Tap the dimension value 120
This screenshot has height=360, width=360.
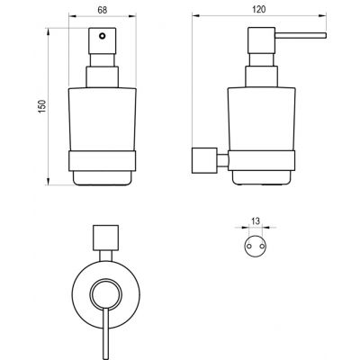point(261,12)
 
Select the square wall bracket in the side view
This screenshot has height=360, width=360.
point(204,160)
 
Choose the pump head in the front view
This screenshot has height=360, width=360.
point(100,45)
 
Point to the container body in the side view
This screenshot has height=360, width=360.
point(261,117)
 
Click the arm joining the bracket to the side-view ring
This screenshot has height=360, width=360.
point(220,160)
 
